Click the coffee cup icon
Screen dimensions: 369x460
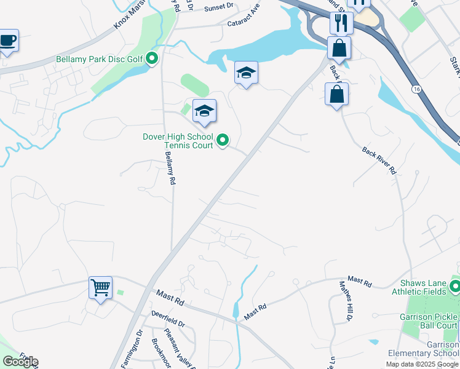pos(8,41)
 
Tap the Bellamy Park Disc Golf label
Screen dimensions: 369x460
pos(99,60)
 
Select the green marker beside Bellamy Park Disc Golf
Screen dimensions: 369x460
pos(151,59)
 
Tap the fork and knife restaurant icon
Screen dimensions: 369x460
pos(341,23)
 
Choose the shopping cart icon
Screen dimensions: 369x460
pos(100,287)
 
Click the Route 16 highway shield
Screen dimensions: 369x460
pos(418,89)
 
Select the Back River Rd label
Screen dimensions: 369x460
pos(379,161)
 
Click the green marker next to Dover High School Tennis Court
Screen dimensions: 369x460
pos(223,141)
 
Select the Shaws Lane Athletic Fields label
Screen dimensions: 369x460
pos(422,287)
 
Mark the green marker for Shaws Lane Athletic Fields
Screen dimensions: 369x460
pos(455,286)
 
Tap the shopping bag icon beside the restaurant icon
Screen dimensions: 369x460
pos(339,47)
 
